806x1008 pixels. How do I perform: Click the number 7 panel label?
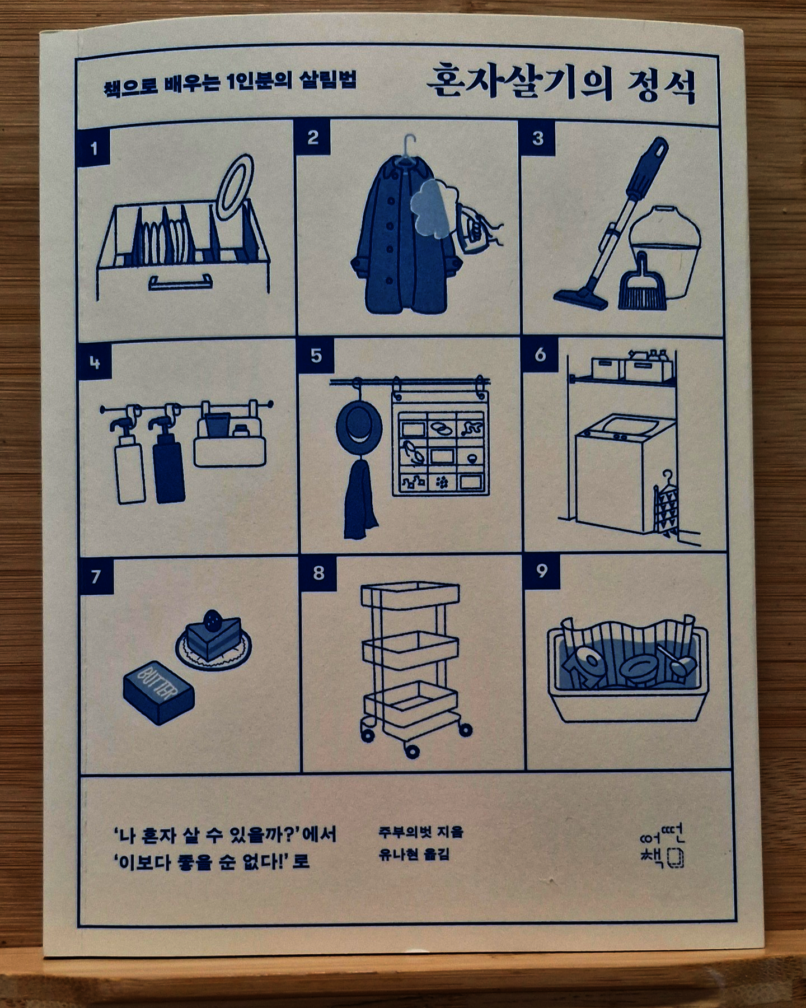coord(96,576)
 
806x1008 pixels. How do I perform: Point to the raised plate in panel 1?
coord(235,188)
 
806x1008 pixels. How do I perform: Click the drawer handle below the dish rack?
coord(180,283)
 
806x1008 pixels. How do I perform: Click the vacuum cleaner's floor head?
coord(582,297)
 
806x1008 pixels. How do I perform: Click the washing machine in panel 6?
coord(618,470)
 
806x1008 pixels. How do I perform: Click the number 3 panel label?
coord(537,138)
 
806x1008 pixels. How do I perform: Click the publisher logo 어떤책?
coord(663,846)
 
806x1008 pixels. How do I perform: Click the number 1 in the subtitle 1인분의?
coord(232,82)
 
